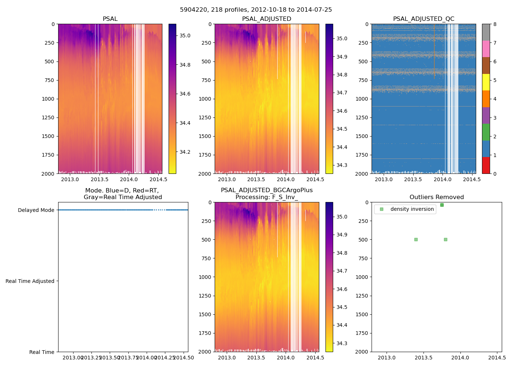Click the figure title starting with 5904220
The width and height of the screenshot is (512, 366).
coord(256,10)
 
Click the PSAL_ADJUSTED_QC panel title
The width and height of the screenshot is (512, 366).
coord(423,19)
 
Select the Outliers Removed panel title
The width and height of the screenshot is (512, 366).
coord(437,197)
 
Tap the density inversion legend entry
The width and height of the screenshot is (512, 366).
coord(412,209)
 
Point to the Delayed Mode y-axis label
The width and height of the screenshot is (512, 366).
coord(36,210)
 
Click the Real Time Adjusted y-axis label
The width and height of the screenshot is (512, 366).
coord(30,281)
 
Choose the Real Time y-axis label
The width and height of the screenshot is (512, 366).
coord(42,352)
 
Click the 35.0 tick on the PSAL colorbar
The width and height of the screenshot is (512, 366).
coord(185,36)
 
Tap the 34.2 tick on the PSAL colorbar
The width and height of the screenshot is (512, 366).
coord(185,152)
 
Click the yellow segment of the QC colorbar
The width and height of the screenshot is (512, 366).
coord(486,82)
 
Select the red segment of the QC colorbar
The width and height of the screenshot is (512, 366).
coord(486,165)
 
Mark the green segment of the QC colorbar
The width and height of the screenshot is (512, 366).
coord(486,132)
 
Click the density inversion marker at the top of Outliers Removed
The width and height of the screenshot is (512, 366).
coord(442,205)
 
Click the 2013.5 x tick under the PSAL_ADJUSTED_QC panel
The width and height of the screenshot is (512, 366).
coord(413,180)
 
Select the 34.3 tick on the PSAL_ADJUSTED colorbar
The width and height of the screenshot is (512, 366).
coord(342,165)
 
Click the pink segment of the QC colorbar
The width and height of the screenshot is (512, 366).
coord(486,49)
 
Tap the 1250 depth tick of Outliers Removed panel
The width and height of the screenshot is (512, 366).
coord(362,296)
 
